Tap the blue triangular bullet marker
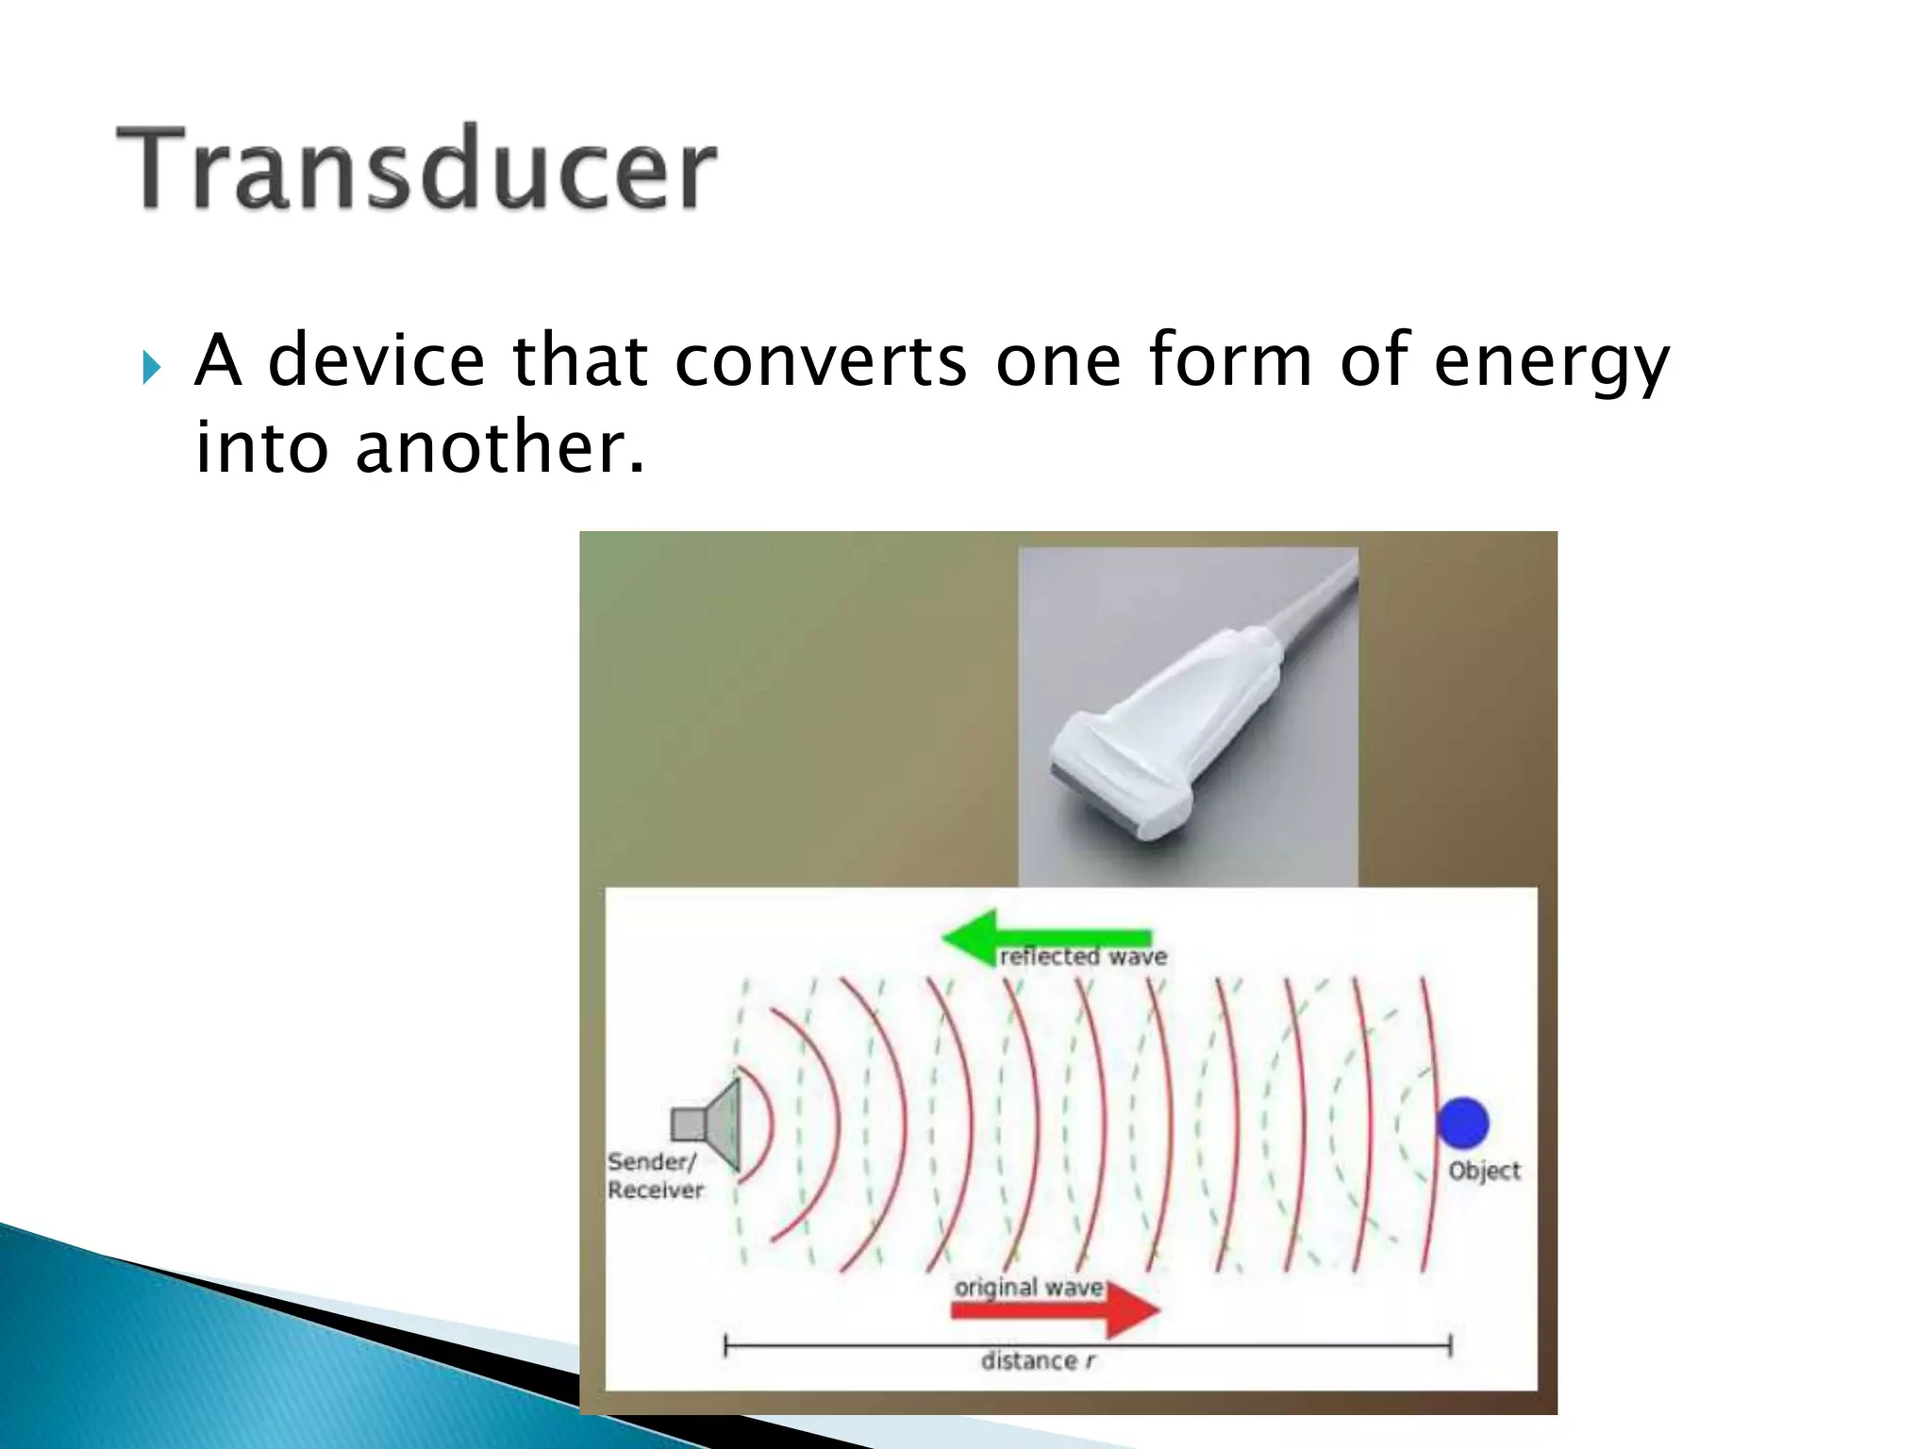[x=152, y=367]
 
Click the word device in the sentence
[x=375, y=361]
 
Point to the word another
[x=500, y=447]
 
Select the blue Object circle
[x=1462, y=1123]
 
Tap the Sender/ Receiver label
[x=654, y=1175]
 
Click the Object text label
[x=1484, y=1171]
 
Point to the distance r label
[x=1038, y=1360]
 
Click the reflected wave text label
[x=1083, y=957]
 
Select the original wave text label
[x=1028, y=1288]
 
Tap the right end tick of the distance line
[x=1450, y=1345]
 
